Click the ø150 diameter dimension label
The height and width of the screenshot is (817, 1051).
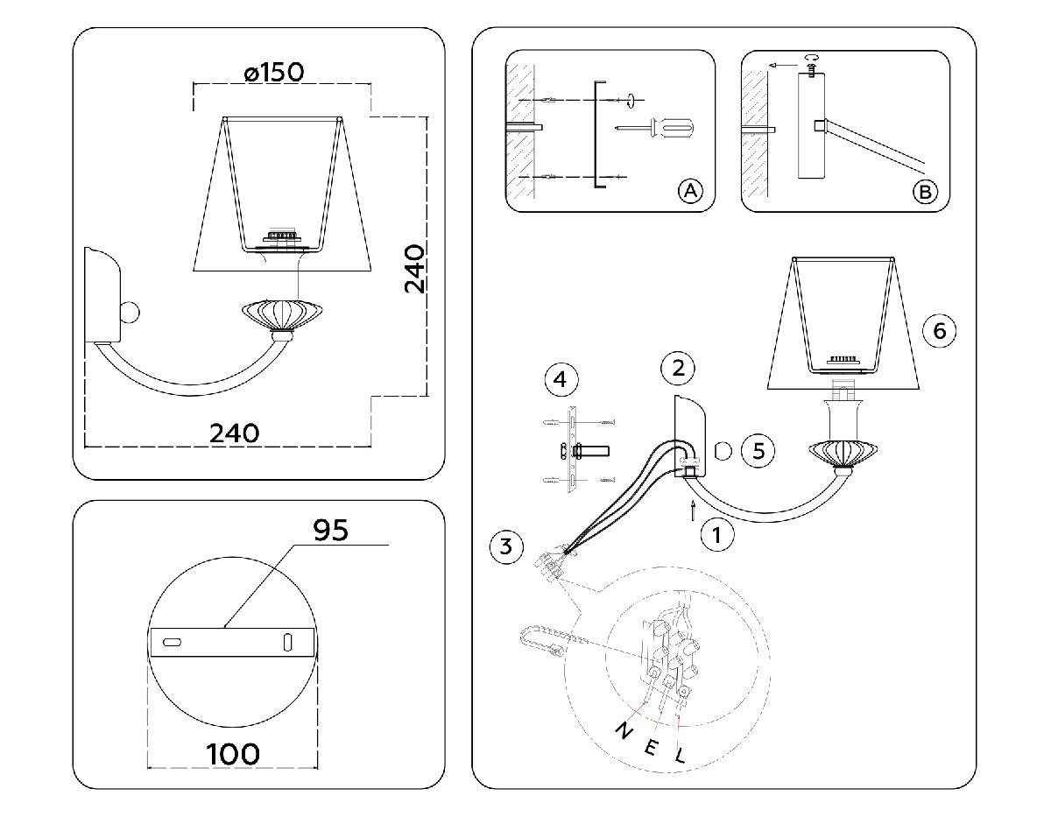point(275,72)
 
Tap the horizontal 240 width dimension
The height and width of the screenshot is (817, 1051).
point(235,433)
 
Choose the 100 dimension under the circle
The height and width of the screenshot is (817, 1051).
point(233,753)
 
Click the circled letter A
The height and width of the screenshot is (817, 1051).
point(690,191)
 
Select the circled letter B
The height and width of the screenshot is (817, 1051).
point(924,192)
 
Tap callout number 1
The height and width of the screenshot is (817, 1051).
point(717,533)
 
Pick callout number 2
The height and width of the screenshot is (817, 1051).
point(678,368)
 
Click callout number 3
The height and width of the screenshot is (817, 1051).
point(504,547)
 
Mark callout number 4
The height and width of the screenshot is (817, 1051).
point(561,380)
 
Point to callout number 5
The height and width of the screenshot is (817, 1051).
point(758,450)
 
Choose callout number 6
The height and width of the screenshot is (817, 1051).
point(939,330)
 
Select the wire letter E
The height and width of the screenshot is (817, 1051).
point(652,746)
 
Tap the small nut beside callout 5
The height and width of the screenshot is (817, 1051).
point(723,451)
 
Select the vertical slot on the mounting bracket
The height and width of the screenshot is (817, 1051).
point(287,640)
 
